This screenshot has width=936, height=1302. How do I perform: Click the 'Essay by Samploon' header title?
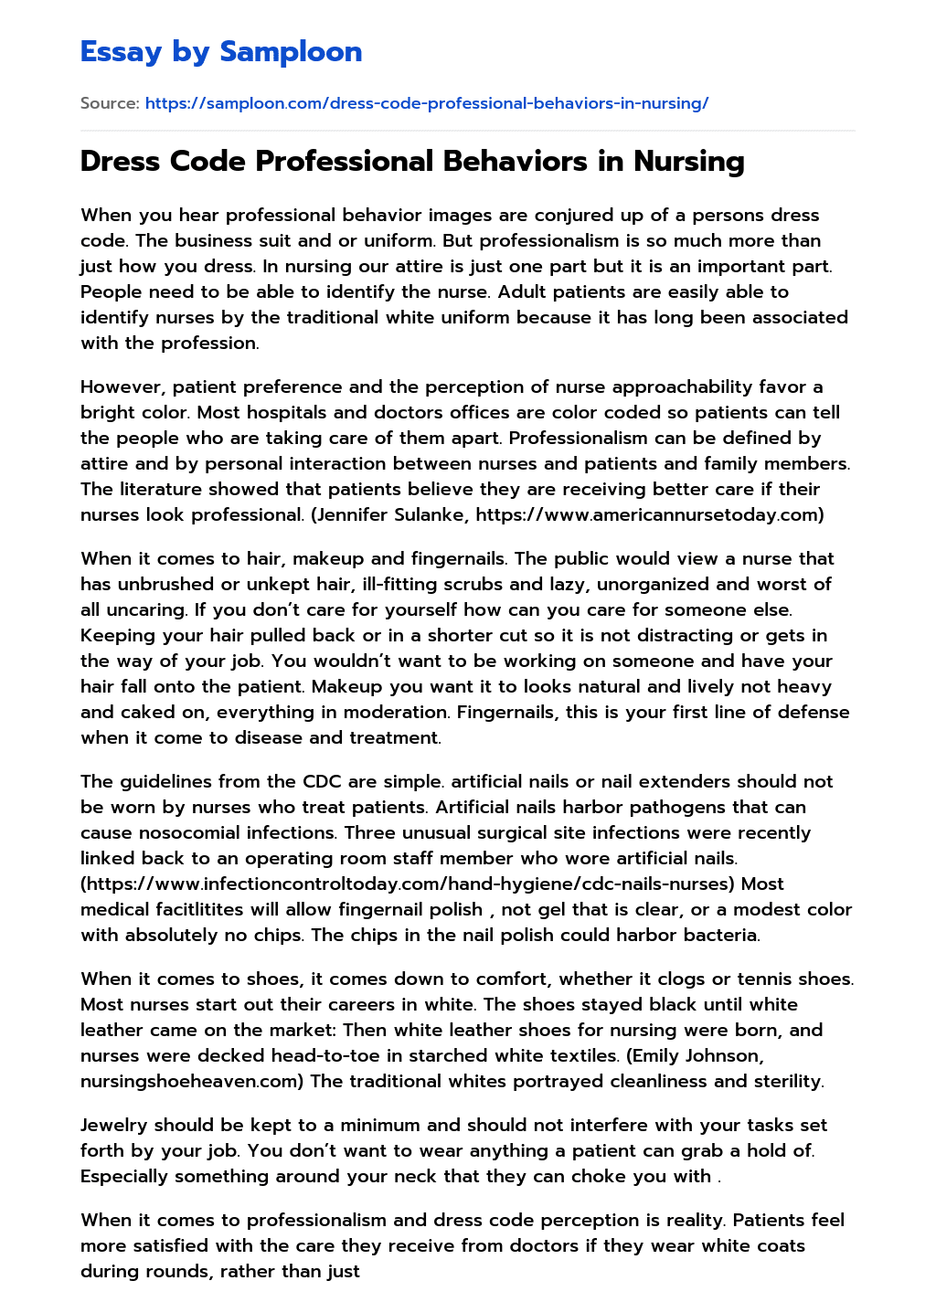tap(221, 51)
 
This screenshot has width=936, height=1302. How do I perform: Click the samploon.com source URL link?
tap(427, 103)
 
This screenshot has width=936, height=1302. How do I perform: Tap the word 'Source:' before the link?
tap(110, 103)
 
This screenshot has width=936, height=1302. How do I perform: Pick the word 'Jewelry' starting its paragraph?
tap(113, 1125)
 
